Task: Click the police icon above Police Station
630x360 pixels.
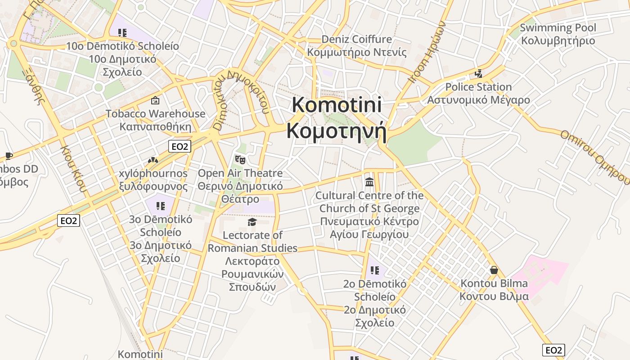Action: click(x=478, y=74)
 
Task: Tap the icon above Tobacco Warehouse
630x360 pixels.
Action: click(x=155, y=100)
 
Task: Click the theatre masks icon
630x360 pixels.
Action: click(x=240, y=159)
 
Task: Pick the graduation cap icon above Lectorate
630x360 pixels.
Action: click(x=252, y=222)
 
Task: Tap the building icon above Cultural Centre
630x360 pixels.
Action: click(x=369, y=182)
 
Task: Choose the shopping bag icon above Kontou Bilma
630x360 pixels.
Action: click(x=494, y=270)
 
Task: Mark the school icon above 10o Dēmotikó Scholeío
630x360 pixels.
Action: click(x=122, y=32)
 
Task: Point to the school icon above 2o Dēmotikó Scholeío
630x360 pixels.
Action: click(x=374, y=270)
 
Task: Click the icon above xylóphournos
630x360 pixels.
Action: click(x=153, y=160)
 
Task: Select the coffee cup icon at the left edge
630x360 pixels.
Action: click(x=8, y=156)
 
